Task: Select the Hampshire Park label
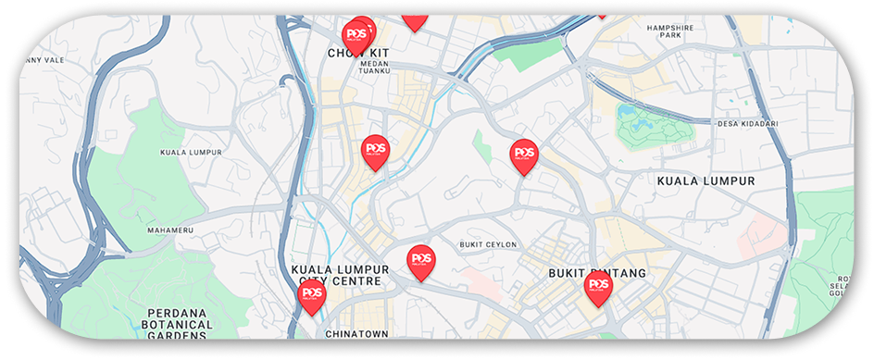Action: (x=665, y=31)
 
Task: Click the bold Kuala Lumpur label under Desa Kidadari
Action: (x=705, y=181)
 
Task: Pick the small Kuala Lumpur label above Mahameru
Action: (x=189, y=152)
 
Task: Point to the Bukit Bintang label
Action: (x=596, y=274)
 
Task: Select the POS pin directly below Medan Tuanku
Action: (x=375, y=150)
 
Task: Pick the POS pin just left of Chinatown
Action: (x=311, y=295)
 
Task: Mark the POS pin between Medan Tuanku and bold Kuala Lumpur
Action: (x=524, y=154)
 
